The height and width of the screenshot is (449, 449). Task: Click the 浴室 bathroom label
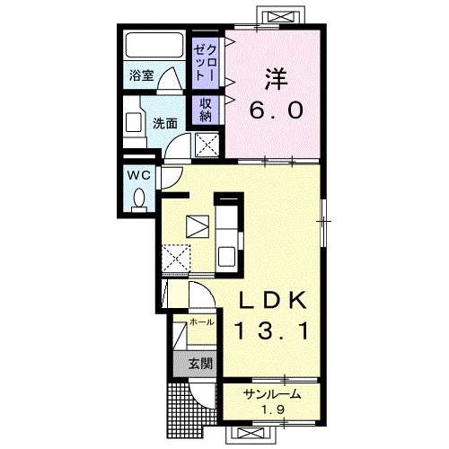pos(142,75)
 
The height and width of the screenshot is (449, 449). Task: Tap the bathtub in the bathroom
pos(154,45)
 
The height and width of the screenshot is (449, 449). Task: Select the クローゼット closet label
pos(206,62)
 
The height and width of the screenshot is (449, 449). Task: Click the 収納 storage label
pos(206,110)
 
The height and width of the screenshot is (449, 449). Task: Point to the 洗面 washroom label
pos(165,123)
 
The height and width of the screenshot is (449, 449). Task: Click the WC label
pos(139,175)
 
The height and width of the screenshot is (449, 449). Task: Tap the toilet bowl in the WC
pos(139,198)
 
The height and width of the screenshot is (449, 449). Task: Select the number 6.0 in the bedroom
pos(276,110)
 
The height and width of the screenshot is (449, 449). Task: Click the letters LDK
pos(272,300)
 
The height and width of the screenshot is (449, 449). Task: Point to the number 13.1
pos(272,330)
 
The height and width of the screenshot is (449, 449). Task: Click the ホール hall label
pos(202,322)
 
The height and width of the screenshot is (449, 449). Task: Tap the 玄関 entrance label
pos(200,364)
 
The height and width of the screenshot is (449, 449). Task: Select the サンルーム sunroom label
pos(272,394)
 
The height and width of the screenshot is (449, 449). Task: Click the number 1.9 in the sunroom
pos(272,409)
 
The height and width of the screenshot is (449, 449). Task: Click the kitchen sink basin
pos(226,256)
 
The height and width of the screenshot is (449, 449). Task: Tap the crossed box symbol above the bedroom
pos(281,16)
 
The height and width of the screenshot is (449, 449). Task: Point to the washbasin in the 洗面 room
pos(133,122)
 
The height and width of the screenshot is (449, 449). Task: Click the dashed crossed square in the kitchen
pos(176,259)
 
